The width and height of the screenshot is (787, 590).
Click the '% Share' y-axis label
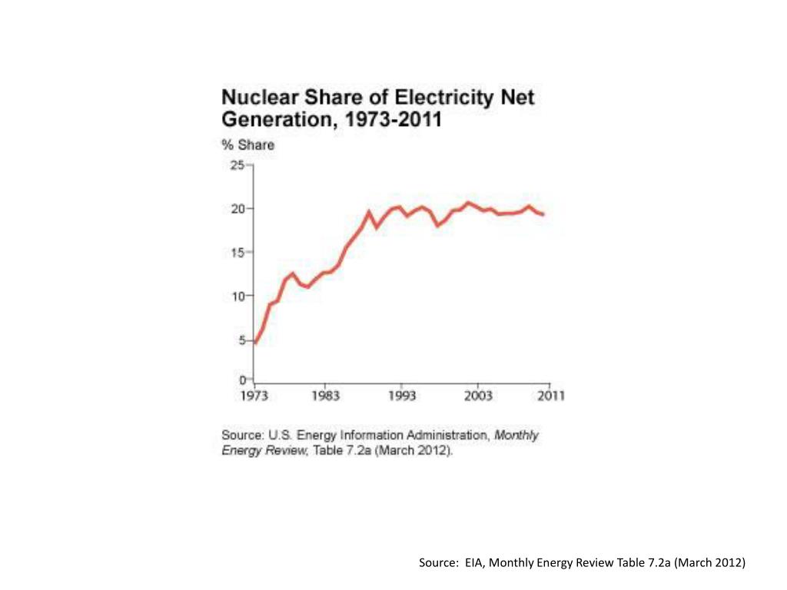(247, 145)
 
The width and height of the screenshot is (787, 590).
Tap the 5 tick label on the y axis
(241, 340)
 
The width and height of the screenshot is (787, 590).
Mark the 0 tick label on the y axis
(241, 380)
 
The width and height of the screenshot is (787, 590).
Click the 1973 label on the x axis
(254, 396)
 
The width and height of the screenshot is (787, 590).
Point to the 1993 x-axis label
(401, 396)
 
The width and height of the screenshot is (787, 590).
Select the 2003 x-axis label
(478, 396)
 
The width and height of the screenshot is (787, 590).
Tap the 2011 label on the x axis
(550, 396)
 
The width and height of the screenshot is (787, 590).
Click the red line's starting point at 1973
(255, 343)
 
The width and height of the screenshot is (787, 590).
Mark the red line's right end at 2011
(544, 214)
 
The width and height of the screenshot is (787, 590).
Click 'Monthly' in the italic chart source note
(516, 435)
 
